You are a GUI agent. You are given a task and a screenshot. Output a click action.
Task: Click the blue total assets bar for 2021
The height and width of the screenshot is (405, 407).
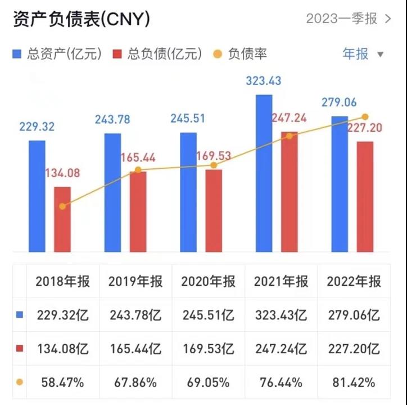[x=264, y=173]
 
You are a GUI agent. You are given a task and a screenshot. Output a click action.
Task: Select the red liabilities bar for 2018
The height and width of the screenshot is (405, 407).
[x=62, y=219]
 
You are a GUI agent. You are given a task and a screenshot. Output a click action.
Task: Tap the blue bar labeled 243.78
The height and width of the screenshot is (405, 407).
[x=112, y=192]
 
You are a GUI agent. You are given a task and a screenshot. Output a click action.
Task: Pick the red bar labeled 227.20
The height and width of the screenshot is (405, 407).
[x=365, y=196]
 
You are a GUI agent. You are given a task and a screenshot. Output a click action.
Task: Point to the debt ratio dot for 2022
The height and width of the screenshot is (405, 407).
[x=365, y=117]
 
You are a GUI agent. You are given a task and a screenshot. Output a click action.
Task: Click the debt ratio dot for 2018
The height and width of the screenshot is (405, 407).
[x=62, y=206]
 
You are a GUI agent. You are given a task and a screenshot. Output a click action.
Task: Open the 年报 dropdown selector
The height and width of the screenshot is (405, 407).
[x=363, y=54]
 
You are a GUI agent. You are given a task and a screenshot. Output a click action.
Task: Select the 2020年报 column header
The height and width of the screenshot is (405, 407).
[x=207, y=281]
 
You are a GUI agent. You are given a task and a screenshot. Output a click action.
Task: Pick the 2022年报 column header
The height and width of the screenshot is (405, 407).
[x=354, y=281]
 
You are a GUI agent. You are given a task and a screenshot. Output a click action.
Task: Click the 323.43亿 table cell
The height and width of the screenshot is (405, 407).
[x=281, y=315]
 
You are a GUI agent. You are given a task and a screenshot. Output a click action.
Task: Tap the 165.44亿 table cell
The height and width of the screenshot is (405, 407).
[x=135, y=349]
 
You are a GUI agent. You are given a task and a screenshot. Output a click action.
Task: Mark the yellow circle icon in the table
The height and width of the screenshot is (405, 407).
[x=20, y=382]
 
